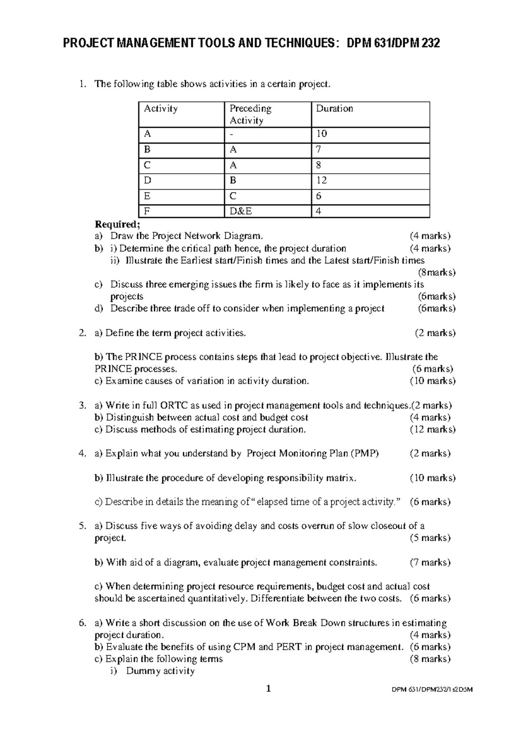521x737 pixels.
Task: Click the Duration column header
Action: [x=334, y=109]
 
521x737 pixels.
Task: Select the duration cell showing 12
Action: [x=322, y=180]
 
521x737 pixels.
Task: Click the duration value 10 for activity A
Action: [x=322, y=134]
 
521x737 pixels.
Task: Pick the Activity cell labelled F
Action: [x=147, y=211]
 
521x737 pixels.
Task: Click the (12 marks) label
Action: [x=432, y=429]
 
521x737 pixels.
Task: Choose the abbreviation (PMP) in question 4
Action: [x=365, y=454]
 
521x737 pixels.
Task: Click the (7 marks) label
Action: [x=430, y=563]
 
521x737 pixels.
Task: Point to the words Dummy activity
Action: [x=160, y=671]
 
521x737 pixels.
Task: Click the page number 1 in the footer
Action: [x=269, y=688]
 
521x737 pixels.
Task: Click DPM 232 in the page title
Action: [x=417, y=43]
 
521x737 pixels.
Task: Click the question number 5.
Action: [x=82, y=526]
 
